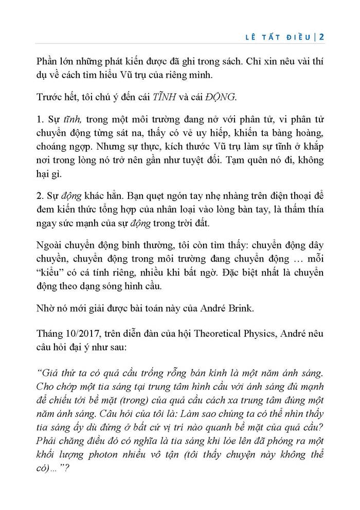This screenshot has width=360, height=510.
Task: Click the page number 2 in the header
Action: tap(321, 37)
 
